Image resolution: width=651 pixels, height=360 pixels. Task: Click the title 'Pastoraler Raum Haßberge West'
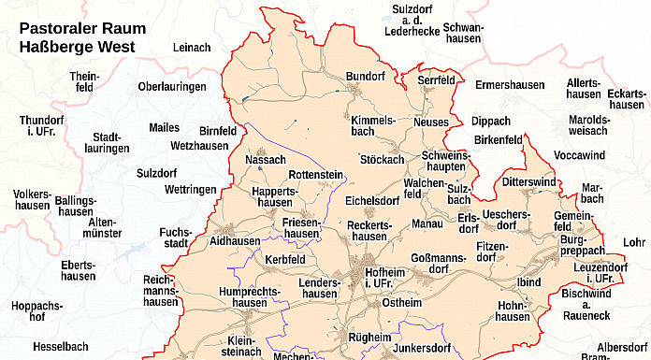pos(82,37)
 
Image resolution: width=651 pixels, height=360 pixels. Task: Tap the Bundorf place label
pos(365,76)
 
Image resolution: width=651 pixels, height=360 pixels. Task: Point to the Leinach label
pos(192,48)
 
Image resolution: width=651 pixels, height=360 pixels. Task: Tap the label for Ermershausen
pos(509,85)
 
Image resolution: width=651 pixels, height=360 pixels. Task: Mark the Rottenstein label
pos(315,175)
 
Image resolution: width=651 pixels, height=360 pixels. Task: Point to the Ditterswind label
pos(528,181)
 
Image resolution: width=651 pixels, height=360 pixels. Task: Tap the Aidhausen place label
pos(236,241)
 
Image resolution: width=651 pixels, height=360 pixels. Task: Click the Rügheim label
pos(370,337)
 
